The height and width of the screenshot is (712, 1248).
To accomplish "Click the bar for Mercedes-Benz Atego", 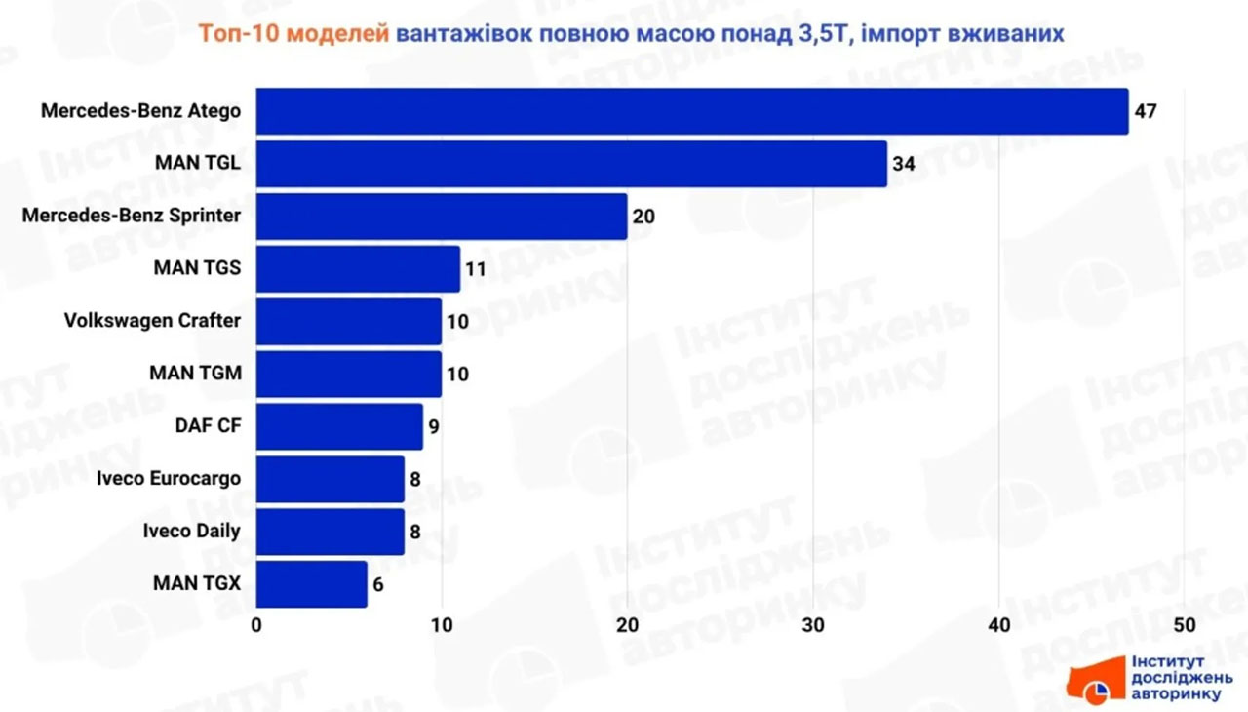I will click(x=692, y=111).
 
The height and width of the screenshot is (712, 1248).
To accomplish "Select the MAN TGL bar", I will click(x=571, y=164).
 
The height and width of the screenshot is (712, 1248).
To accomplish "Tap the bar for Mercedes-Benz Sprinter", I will click(x=442, y=217).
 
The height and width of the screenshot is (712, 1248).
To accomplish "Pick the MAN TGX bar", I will click(x=312, y=584).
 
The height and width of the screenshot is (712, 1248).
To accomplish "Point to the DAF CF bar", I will click(x=339, y=426).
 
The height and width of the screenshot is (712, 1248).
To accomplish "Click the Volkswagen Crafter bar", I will click(x=349, y=321).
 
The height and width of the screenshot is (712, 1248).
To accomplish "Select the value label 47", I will click(x=1146, y=111).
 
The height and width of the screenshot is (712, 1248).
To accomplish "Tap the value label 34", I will click(x=904, y=164).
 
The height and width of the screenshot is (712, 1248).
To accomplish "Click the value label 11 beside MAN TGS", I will click(x=475, y=268).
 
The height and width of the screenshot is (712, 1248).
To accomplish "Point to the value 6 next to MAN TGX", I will click(x=379, y=584).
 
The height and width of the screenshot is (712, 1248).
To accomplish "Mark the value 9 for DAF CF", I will click(x=434, y=426).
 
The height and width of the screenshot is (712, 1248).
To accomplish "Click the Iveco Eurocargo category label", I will click(x=169, y=479).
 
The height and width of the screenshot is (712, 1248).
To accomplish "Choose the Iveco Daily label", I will click(x=191, y=532).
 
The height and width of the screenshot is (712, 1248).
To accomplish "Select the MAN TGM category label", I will click(x=195, y=374).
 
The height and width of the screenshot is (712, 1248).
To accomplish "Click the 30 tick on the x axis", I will click(x=813, y=625).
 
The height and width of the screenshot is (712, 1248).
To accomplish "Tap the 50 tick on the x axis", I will click(x=1184, y=625).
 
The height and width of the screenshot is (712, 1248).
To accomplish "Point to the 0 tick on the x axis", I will click(x=256, y=625).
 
